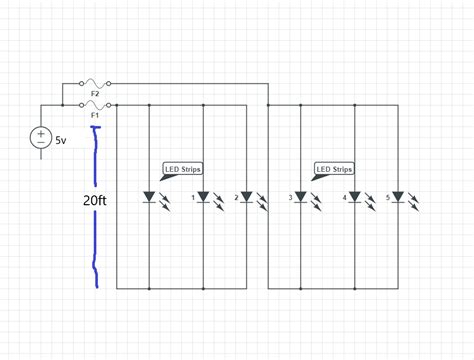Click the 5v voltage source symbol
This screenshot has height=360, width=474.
42,137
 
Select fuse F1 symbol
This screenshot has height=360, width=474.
95,104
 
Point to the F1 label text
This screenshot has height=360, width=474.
95,114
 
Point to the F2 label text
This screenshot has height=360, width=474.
95,94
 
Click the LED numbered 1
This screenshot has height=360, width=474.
204,197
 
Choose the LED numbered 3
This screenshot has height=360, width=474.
300,197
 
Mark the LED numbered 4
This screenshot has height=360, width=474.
354,197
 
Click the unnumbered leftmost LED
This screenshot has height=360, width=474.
150,197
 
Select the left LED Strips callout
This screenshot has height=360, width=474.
181,170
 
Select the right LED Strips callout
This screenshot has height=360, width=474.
333,170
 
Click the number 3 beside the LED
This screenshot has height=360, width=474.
290,198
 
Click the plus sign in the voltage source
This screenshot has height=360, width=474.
42,131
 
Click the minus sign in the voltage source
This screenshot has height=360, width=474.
42,143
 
